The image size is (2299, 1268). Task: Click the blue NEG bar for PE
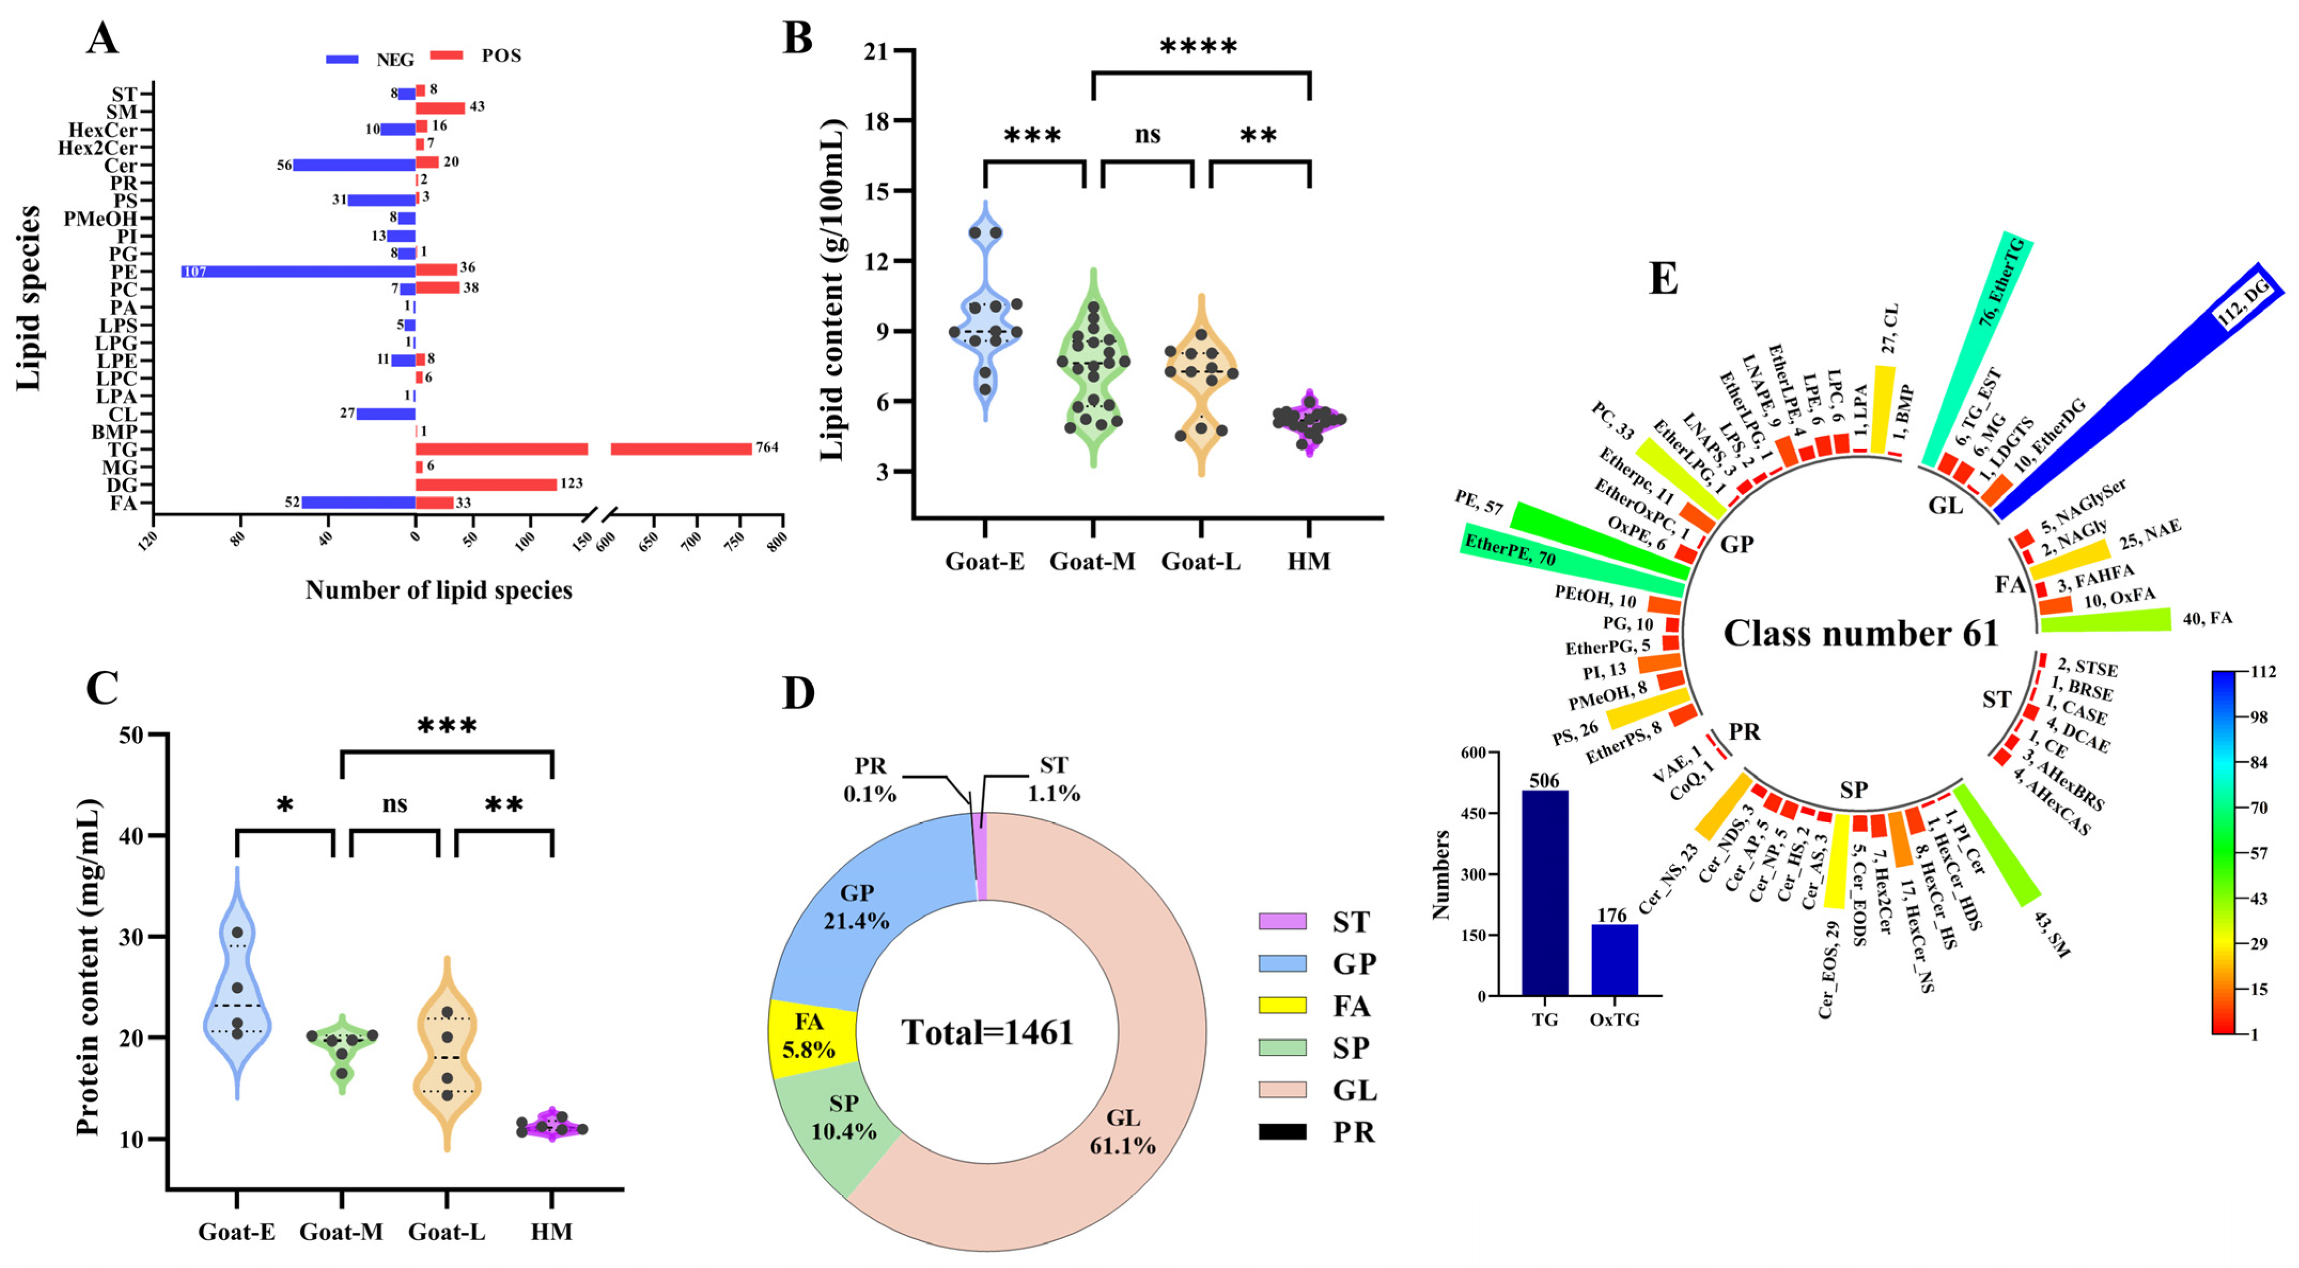[299, 271]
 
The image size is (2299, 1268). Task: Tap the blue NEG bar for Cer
[355, 165]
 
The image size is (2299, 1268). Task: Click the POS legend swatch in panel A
[446, 56]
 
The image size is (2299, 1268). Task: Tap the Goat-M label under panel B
[1092, 562]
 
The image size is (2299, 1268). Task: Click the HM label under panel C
[552, 1232]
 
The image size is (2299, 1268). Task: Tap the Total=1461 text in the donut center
[987, 1033]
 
